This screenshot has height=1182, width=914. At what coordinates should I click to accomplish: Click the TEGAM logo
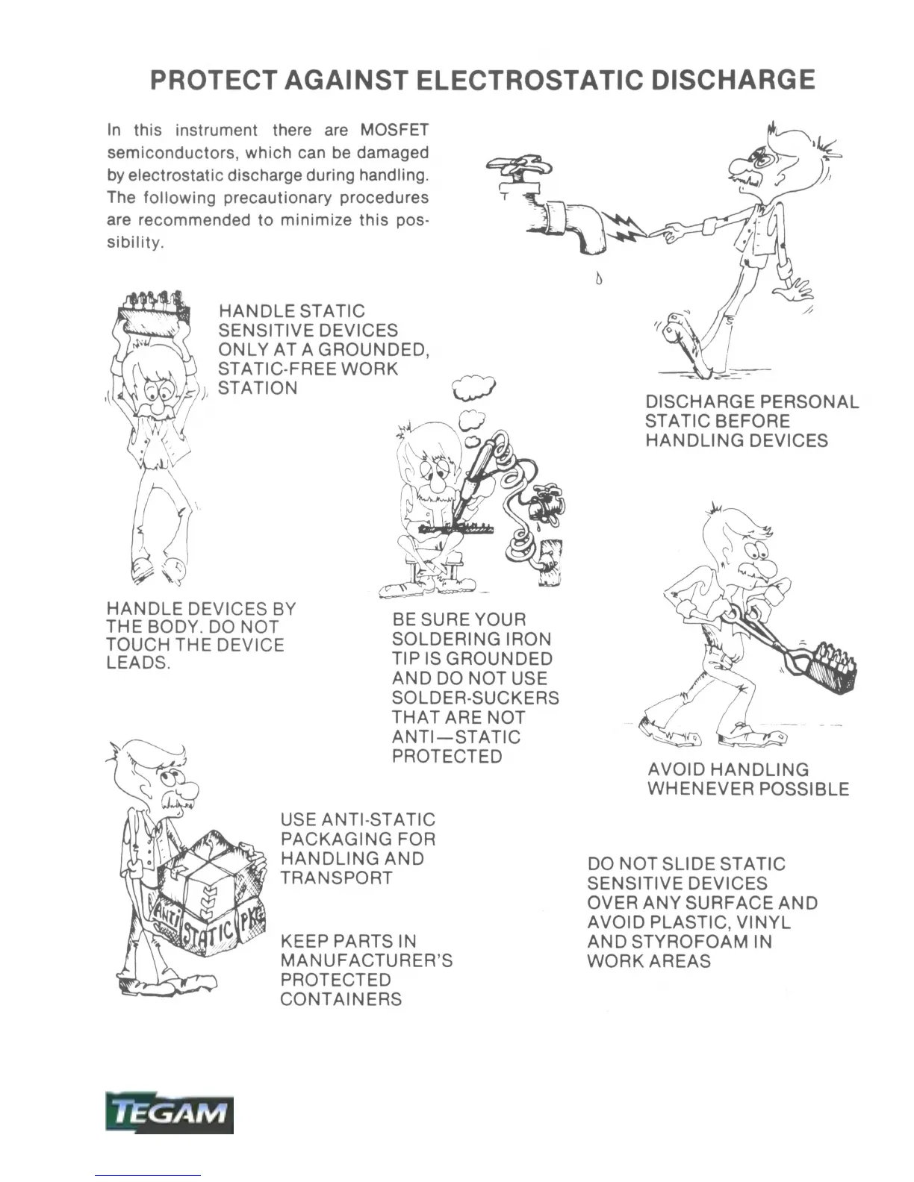pos(169,1114)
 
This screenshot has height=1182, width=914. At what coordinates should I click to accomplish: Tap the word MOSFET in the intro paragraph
pos(394,130)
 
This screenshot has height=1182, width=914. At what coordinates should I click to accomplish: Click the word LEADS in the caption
pos(138,664)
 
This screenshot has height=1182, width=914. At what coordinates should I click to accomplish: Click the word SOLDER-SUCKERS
pos(475,698)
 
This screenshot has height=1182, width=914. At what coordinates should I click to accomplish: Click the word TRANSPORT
pos(336,878)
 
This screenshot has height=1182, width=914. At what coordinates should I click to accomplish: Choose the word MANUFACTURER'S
pos(366,961)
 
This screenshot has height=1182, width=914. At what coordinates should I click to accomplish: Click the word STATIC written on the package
pos(208,932)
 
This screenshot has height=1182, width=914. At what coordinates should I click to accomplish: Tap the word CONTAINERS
pos(341,1000)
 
